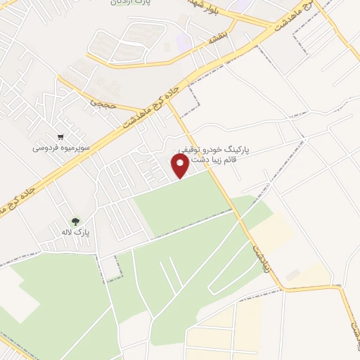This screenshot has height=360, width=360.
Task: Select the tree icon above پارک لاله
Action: coord(75,220)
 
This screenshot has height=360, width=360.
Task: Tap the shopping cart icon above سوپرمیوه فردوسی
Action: coord(61,137)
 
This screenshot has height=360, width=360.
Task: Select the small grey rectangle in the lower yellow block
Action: coord(292,274)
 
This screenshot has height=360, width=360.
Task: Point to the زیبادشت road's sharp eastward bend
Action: coord(283,288)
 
